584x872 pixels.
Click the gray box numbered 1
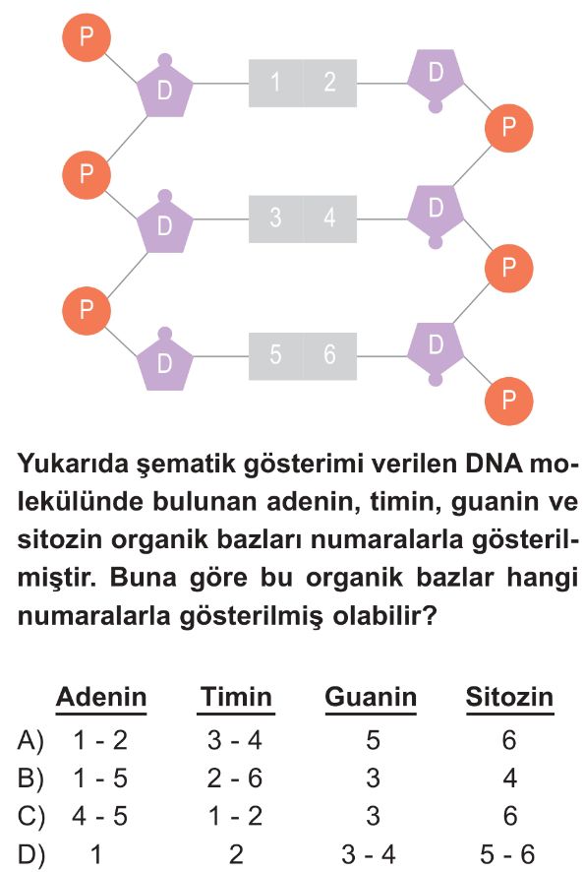pos(275,83)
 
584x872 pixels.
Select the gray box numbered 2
pos(329,83)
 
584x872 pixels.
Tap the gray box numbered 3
pos(275,218)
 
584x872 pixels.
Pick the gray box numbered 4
pos(329,218)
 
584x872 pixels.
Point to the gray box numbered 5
pos(275,356)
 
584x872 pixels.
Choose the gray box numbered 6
pos(329,356)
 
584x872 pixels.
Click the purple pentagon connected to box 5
pos(164,361)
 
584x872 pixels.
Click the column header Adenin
pos(101,697)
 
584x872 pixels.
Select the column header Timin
pos(236,697)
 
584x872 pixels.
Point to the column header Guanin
pos(371,697)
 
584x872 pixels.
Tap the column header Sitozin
pos(509,697)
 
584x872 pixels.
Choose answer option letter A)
pos(30,741)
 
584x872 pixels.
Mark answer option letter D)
pos(30,854)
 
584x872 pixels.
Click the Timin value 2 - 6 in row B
pos(235,779)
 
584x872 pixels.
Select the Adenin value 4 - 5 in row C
pos(100,816)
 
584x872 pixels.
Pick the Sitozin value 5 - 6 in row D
pos(507,854)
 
